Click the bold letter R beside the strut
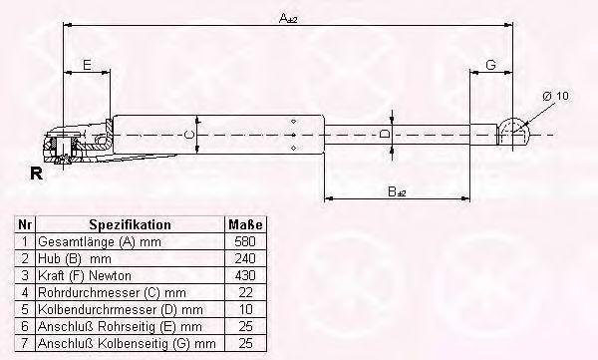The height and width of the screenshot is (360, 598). [x=36, y=174]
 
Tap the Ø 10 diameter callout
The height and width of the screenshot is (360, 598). [x=555, y=96]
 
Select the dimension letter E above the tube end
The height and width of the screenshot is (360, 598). [x=87, y=65]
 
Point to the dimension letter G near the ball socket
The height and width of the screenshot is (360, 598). [x=490, y=65]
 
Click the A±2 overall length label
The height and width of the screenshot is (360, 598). [x=288, y=18]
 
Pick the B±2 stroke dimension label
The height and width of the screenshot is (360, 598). [x=397, y=191]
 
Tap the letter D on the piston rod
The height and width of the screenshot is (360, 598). [x=386, y=134]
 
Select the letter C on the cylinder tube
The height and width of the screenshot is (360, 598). [x=189, y=135]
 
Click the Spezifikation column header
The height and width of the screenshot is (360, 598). [x=130, y=224]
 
